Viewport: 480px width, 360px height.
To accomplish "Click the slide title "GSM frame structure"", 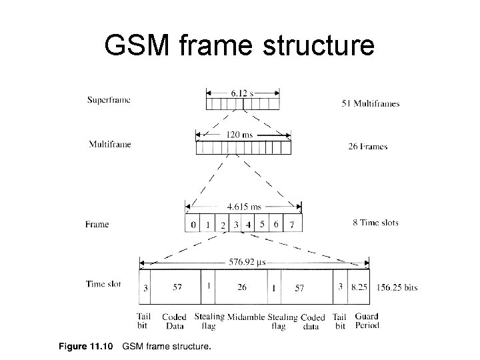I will pos(240,45).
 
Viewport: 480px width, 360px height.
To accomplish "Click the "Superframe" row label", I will pos(109,100).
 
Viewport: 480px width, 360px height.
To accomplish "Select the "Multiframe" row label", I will pos(109,144).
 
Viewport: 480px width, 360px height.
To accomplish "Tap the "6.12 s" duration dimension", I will pos(243,93).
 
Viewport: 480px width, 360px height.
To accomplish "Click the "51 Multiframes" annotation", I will pos(370,103).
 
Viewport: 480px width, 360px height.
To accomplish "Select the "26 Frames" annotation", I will pos(367,147).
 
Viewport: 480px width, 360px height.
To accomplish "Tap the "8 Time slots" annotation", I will pos(375,223).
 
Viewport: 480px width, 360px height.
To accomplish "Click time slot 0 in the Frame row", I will pos(193,225).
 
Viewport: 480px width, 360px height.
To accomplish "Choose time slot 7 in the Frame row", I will pos(291,225).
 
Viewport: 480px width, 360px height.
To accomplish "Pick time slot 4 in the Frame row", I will pos(248,225).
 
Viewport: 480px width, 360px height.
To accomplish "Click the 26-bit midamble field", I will pos(241,287).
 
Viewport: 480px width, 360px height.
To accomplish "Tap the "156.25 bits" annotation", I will pos(397,287).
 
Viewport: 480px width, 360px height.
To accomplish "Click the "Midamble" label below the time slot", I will pos(245,317).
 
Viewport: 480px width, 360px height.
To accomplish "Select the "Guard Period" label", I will pos(367,321).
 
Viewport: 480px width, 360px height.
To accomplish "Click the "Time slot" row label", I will pos(105,283).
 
